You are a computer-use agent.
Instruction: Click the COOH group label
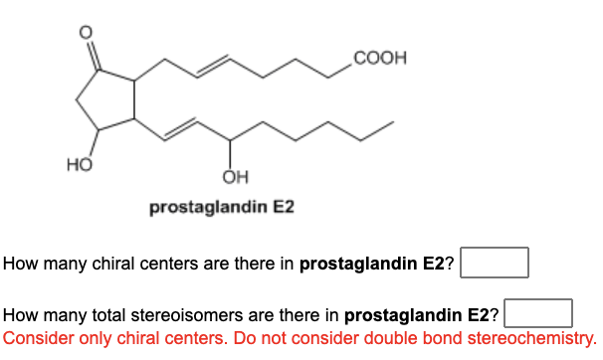point(374,57)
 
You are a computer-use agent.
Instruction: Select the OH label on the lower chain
point(231,179)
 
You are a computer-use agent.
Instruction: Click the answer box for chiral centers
point(494,264)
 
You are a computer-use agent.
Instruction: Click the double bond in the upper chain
point(214,69)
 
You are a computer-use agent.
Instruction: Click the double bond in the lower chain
point(182,126)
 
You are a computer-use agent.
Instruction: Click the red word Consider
point(39,337)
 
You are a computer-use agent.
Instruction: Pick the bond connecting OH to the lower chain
point(231,155)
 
